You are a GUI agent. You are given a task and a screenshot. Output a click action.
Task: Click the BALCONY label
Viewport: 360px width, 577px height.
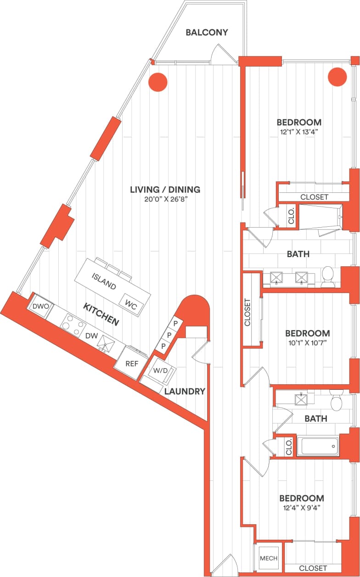[x=207, y=33]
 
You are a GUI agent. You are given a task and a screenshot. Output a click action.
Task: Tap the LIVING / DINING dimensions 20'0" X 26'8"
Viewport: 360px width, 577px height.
[x=165, y=200]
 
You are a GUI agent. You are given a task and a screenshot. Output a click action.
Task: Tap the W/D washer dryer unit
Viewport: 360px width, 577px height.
[x=160, y=370]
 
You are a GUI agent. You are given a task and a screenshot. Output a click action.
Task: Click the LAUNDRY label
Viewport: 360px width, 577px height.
[x=185, y=392]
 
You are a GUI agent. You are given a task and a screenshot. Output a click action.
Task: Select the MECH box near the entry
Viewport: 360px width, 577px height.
[x=269, y=558]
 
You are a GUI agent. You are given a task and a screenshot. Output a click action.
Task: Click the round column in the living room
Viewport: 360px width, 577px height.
[x=157, y=82]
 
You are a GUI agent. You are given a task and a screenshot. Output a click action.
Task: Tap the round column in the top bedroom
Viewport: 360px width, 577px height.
[x=337, y=77]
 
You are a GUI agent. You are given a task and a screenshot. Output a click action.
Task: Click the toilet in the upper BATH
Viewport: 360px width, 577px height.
[x=328, y=276]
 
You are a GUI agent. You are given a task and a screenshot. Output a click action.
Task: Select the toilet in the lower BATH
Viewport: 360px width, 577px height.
[x=337, y=403]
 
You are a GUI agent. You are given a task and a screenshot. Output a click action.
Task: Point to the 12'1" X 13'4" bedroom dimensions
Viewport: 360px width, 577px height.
[x=298, y=132]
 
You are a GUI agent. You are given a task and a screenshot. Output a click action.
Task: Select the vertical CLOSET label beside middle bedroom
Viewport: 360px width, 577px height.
[x=247, y=313]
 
